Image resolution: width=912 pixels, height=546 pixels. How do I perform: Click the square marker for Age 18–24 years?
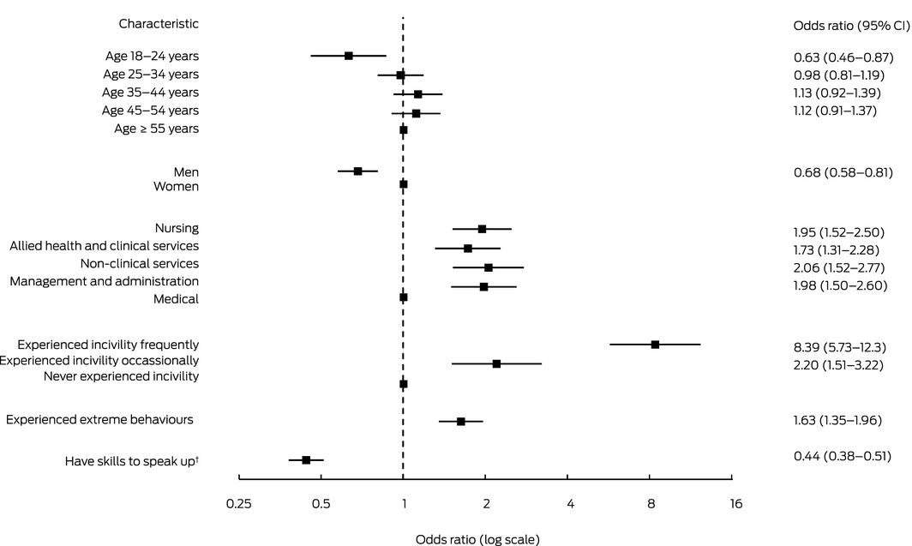(349, 56)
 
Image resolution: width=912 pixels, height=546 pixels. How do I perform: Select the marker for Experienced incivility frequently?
(655, 345)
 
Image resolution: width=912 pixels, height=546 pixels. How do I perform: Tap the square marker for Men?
(358, 171)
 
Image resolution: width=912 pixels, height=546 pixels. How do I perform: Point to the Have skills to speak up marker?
(306, 460)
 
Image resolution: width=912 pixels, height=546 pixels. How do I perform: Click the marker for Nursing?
(482, 229)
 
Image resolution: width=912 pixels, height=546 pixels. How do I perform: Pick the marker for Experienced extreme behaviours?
(461, 422)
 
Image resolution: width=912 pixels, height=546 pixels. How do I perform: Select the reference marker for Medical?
(404, 297)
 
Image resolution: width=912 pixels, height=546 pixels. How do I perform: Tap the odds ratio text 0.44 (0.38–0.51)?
(843, 456)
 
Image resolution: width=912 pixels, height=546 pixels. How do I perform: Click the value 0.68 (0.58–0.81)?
(843, 173)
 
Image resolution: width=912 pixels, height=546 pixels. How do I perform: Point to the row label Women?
(176, 186)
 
